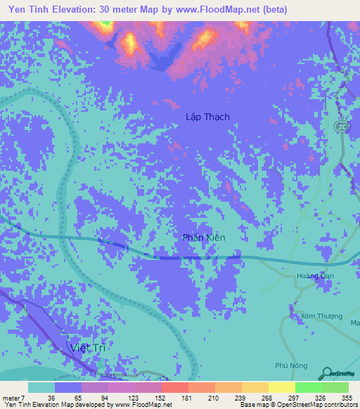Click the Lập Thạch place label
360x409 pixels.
(207, 117)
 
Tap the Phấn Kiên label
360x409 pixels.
(204, 238)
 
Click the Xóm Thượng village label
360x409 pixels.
(315, 316)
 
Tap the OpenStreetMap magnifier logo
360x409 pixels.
(325, 373)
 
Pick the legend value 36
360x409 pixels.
(51, 397)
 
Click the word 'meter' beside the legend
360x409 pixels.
(11, 397)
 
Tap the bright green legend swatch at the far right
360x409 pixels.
(335, 387)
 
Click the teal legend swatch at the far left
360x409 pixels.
(41, 387)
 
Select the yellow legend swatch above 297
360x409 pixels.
(282, 387)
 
